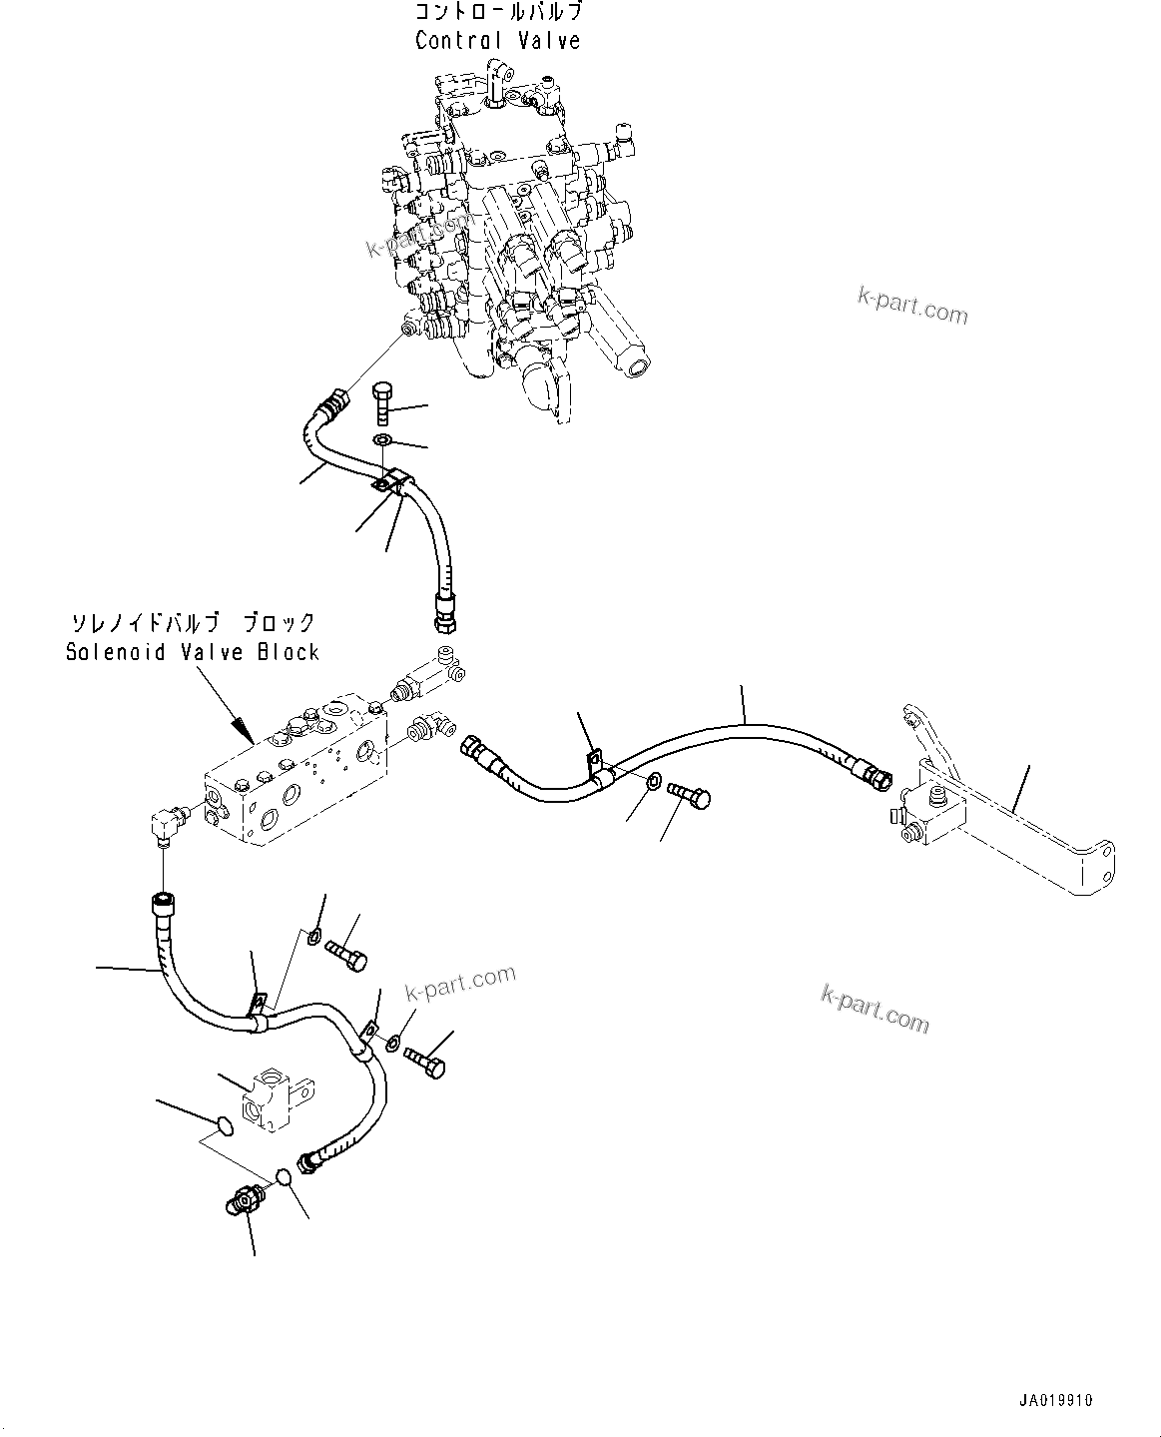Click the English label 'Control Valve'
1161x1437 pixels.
497,41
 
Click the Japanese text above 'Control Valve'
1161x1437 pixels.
497,13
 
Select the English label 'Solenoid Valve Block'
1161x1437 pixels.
193,652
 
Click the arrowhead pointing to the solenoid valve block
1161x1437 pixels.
241,726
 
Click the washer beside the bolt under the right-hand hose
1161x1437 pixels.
652,781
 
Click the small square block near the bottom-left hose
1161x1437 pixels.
274,1099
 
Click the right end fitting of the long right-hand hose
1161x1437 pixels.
871,772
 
